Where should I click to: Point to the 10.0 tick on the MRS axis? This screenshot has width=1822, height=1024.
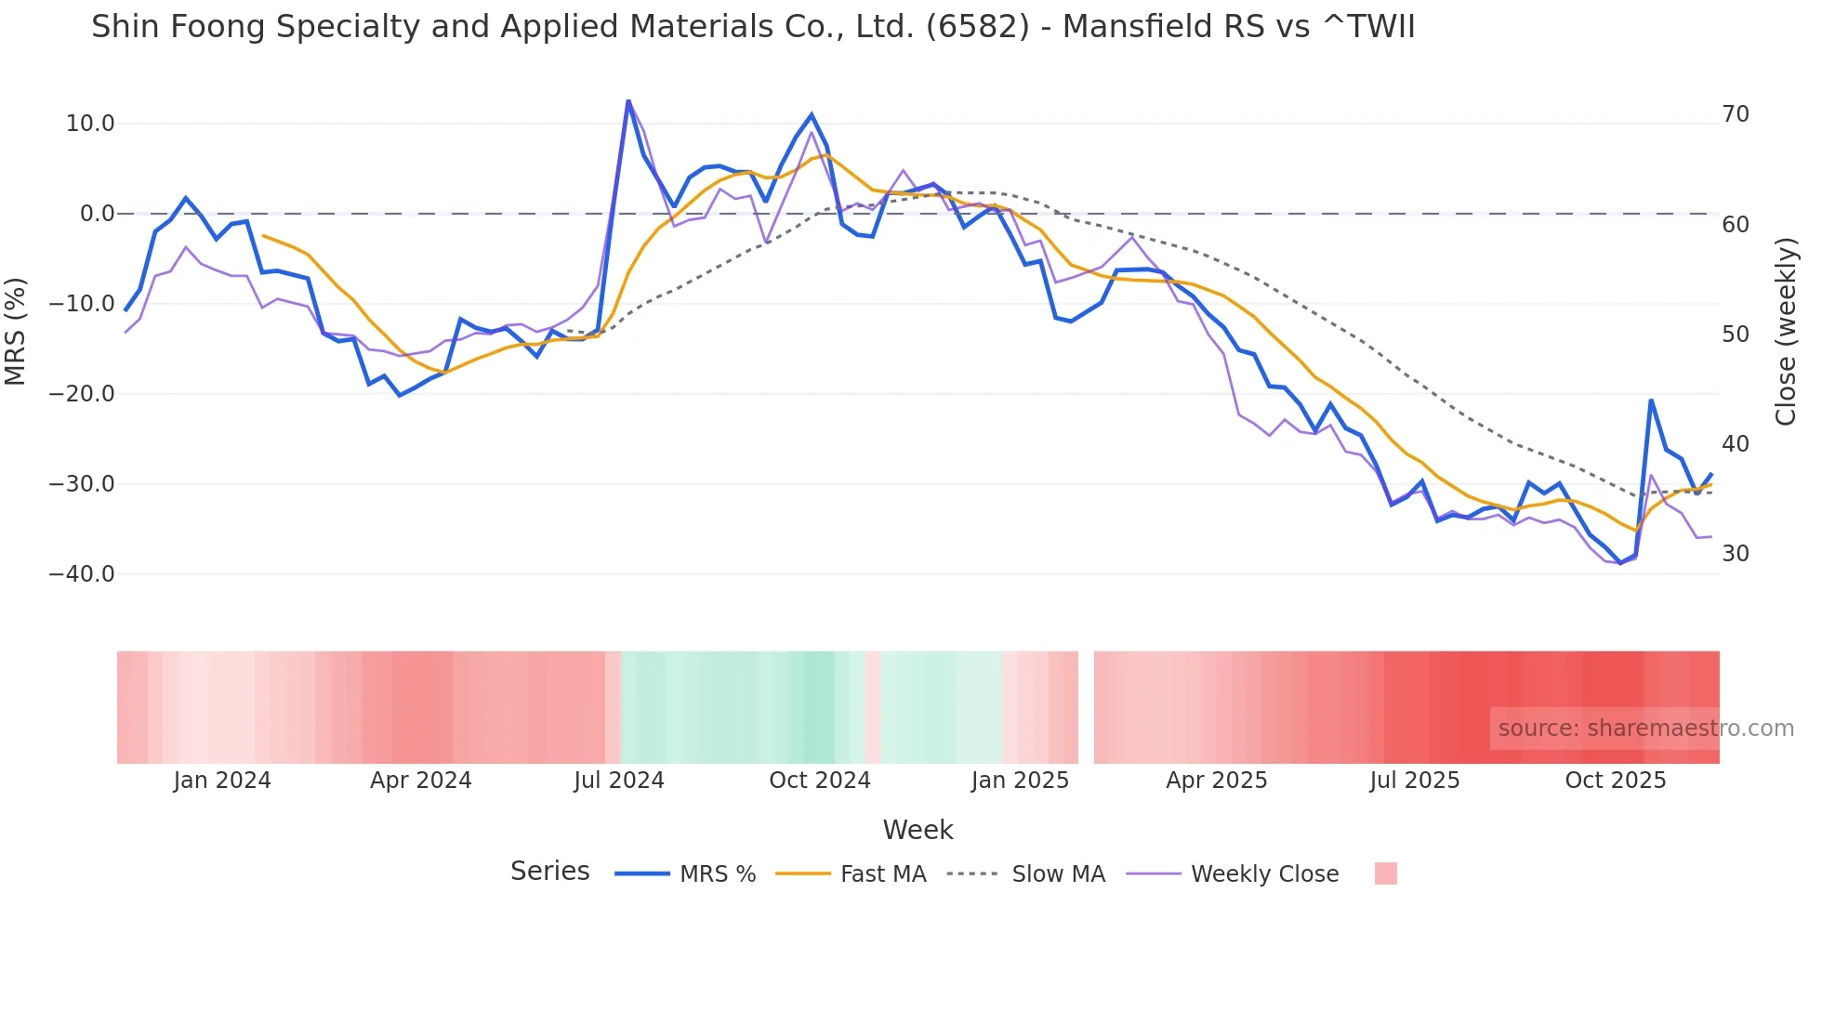point(90,124)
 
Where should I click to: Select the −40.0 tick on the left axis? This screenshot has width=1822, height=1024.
point(83,574)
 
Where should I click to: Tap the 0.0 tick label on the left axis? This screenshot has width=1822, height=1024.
point(97,214)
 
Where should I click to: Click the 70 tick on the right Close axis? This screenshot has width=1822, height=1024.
point(1736,114)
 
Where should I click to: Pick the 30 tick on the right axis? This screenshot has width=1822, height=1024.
point(1736,554)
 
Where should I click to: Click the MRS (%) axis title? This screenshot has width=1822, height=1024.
point(16,331)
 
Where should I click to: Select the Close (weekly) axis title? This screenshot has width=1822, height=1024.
point(1785,331)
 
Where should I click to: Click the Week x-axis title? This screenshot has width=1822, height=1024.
point(918,830)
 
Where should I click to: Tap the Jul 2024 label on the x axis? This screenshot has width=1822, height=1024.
point(619,781)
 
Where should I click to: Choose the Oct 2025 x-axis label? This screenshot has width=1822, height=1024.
point(1616,781)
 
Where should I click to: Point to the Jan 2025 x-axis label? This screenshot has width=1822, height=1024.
point(1020,781)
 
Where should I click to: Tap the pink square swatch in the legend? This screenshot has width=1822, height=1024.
point(1386,873)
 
